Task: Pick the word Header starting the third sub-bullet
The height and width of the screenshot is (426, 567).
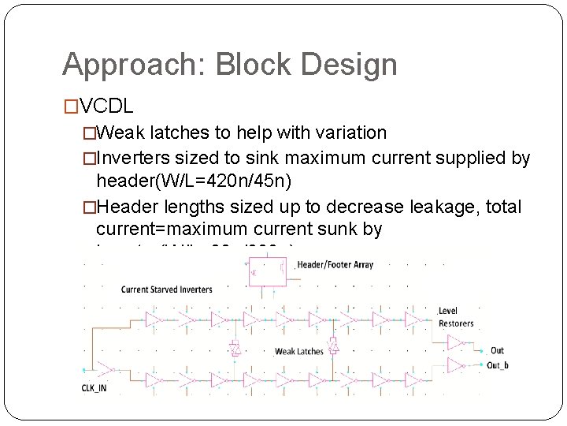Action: click(x=127, y=207)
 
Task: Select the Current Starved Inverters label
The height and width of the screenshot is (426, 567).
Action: click(x=167, y=290)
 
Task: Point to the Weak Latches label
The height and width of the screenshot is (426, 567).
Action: click(x=298, y=351)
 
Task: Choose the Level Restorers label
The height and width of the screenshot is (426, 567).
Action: click(x=456, y=317)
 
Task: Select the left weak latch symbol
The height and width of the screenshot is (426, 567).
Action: click(x=234, y=348)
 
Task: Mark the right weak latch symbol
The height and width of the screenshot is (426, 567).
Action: click(x=333, y=346)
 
